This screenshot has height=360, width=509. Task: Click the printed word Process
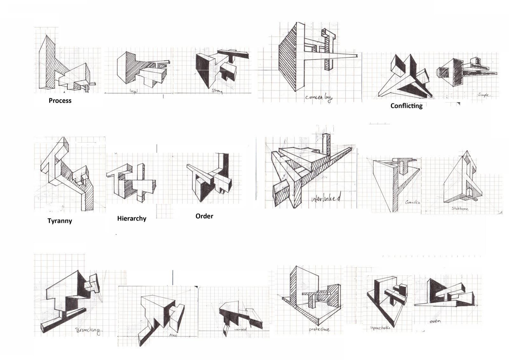pyautogui.click(x=60, y=101)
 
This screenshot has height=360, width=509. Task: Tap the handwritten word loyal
pyautogui.click(x=134, y=91)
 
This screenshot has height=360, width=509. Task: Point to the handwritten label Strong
pyautogui.click(x=217, y=91)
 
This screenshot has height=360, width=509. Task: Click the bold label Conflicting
pyautogui.click(x=406, y=106)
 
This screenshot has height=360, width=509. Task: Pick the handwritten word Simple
pyautogui.click(x=484, y=95)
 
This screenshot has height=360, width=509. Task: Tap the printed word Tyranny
pyautogui.click(x=60, y=221)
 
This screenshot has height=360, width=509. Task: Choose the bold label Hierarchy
pyautogui.click(x=132, y=218)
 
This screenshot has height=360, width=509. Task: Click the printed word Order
pyautogui.click(x=204, y=216)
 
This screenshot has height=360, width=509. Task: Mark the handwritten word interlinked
pyautogui.click(x=326, y=199)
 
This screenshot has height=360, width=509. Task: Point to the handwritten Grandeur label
pyautogui.click(x=413, y=202)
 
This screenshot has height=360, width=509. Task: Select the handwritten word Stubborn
pyautogui.click(x=460, y=208)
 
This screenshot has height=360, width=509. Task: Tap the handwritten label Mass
pyautogui.click(x=173, y=335)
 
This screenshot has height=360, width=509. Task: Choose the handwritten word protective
pyautogui.click(x=319, y=329)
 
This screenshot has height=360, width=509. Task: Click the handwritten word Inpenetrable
pyautogui.click(x=380, y=328)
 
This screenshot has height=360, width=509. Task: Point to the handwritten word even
pyautogui.click(x=435, y=321)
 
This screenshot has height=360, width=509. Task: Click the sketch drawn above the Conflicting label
pyautogui.click(x=404, y=76)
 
